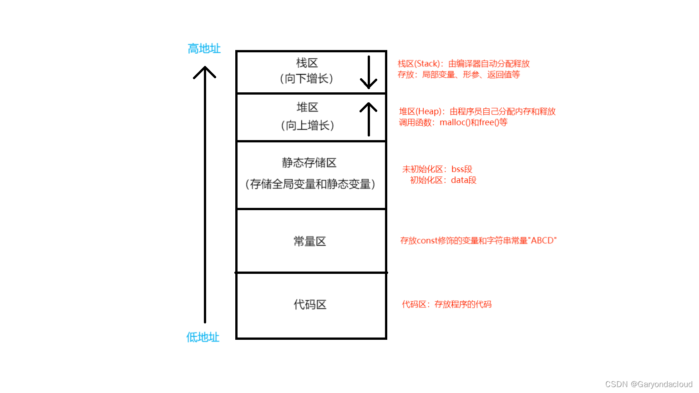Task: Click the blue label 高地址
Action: pyautogui.click(x=204, y=49)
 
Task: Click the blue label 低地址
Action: pyautogui.click(x=203, y=337)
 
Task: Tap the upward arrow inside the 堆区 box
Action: pyautogui.click(x=369, y=119)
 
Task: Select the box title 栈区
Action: pyautogui.click(x=307, y=63)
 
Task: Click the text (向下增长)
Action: pyautogui.click(x=307, y=79)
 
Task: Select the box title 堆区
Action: pyautogui.click(x=308, y=107)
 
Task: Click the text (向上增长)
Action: pyautogui.click(x=308, y=126)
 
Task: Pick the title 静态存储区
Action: pyautogui.click(x=309, y=162)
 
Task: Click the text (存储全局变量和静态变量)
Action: pyautogui.click(x=310, y=184)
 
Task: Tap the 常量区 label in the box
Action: pyautogui.click(x=310, y=242)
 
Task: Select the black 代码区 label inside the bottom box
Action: pyautogui.click(x=310, y=305)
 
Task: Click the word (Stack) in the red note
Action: pyautogui.click(x=427, y=64)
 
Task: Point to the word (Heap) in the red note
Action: pyautogui.click(x=429, y=111)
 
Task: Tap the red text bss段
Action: pyautogui.click(x=462, y=169)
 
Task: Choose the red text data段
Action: pyautogui.click(x=464, y=180)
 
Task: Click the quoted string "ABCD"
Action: pyautogui.click(x=542, y=241)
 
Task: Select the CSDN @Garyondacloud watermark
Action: pyautogui.click(x=648, y=384)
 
